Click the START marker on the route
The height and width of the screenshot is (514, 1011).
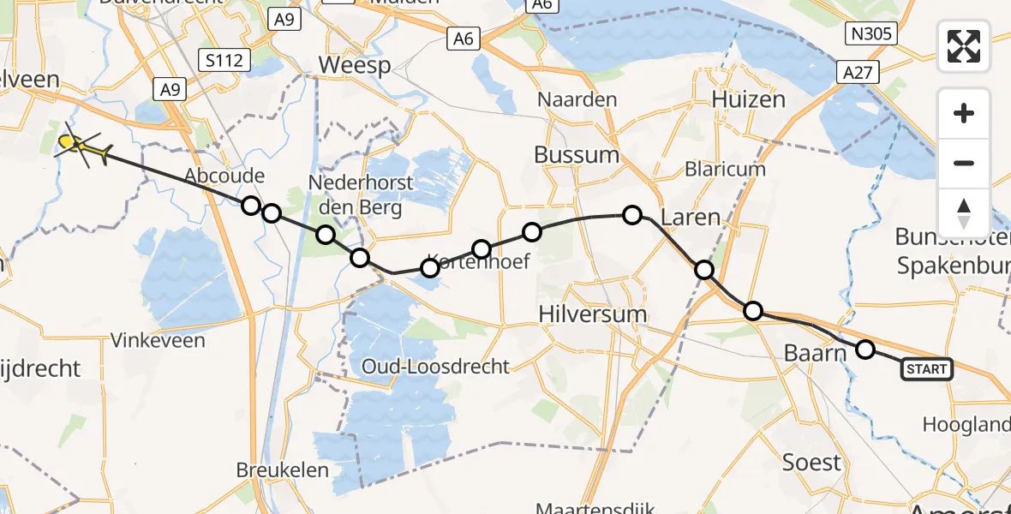click(926, 369)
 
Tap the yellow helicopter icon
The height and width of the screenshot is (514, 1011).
click(82, 147)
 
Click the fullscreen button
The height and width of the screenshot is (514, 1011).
click(964, 46)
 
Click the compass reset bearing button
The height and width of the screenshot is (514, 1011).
click(964, 212)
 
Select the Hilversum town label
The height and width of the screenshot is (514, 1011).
click(593, 314)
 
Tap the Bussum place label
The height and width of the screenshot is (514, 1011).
click(576, 155)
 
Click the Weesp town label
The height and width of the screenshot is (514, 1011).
click(355, 65)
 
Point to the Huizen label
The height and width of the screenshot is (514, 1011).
click(748, 99)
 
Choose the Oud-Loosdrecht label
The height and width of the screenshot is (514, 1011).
click(435, 367)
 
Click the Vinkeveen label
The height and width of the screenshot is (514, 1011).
click(158, 340)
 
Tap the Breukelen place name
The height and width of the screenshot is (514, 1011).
click(283, 469)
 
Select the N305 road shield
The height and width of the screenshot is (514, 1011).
click(870, 34)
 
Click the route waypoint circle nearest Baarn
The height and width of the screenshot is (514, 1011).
click(865, 349)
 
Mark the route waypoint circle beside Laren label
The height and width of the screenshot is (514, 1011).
click(632, 215)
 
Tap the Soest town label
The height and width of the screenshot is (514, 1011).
click(811, 463)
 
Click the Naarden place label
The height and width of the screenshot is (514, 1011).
click(577, 99)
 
